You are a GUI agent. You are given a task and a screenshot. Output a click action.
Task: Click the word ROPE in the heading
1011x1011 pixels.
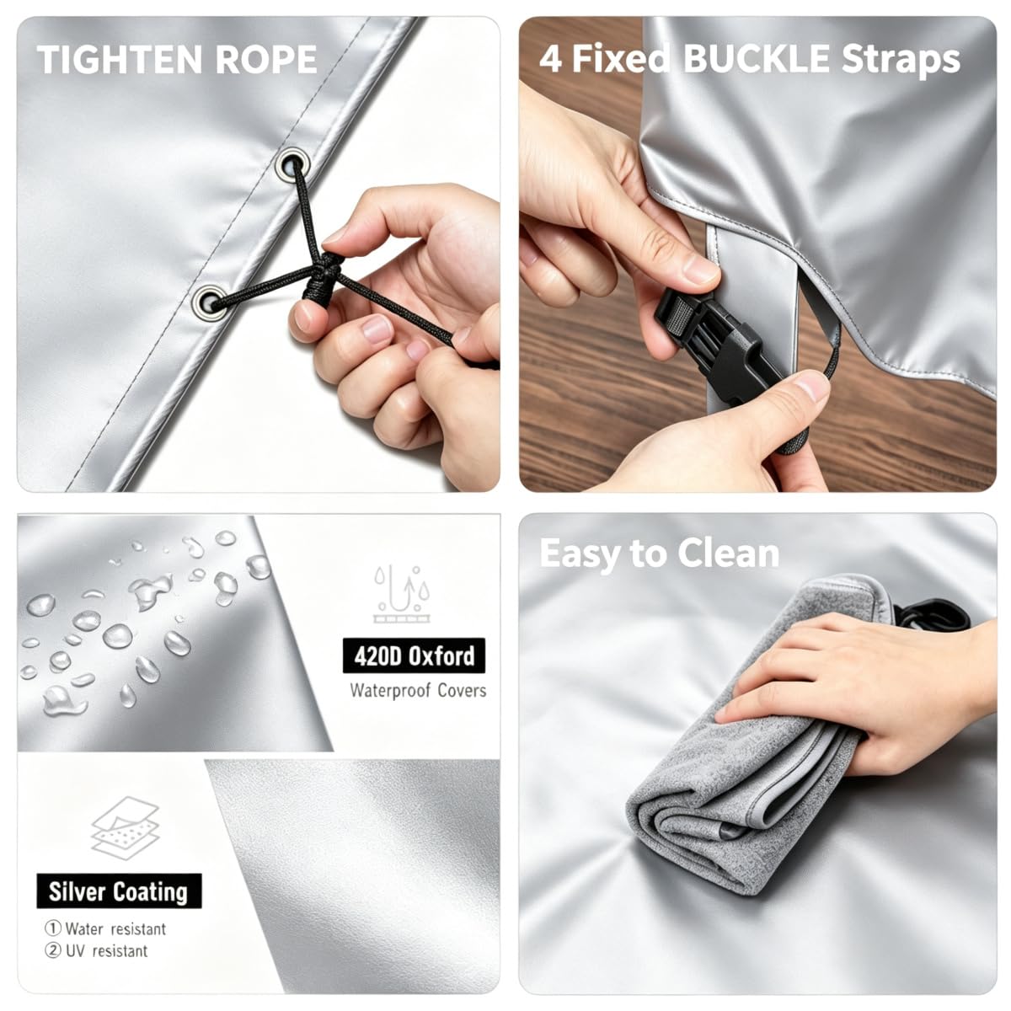(266, 59)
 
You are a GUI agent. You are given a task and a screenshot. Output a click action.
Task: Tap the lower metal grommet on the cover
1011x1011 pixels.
(210, 303)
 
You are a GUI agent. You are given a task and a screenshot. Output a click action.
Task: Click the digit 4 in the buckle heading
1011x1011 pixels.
(551, 59)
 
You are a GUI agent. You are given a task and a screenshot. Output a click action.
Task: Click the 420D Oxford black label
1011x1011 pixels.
(414, 655)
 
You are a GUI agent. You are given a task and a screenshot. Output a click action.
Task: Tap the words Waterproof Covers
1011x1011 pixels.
(418, 691)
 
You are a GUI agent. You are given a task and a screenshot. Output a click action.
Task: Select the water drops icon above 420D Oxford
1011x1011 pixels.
(401, 594)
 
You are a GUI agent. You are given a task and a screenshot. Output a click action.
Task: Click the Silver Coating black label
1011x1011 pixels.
(119, 891)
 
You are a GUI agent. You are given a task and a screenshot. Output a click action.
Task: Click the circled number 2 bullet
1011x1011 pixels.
(53, 950)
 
